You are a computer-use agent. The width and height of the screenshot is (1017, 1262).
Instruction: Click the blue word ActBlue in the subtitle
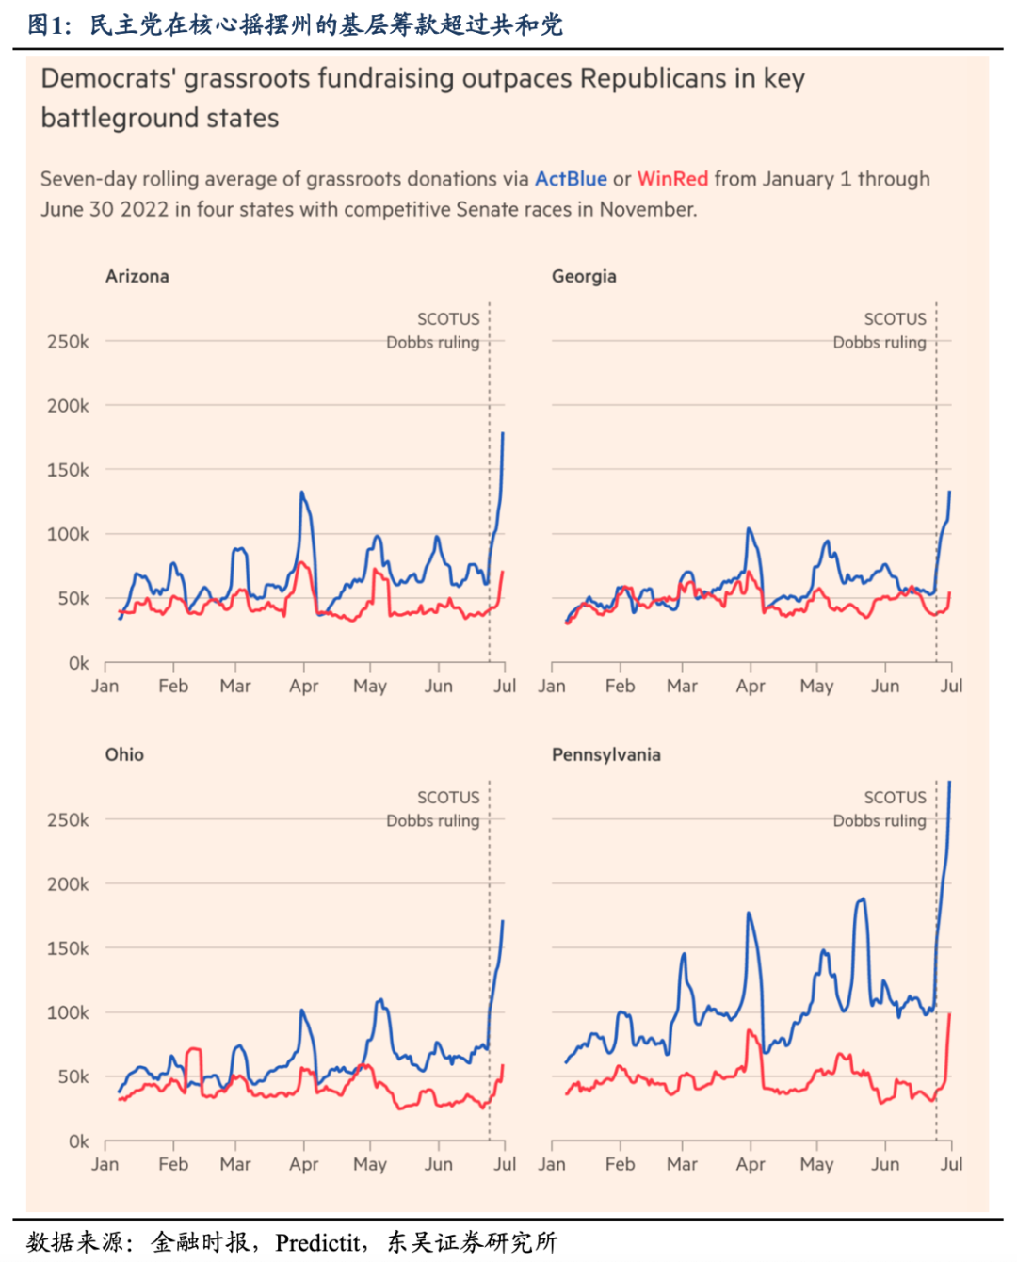click(x=571, y=179)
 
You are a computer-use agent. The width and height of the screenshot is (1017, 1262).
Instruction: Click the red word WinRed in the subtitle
click(x=672, y=179)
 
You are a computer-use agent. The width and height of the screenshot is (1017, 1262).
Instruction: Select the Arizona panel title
click(x=137, y=276)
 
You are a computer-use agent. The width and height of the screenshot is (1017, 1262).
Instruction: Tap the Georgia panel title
click(x=584, y=276)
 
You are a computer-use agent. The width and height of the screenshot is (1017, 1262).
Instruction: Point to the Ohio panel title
click(x=124, y=754)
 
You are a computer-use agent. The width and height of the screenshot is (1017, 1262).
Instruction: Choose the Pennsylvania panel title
click(x=606, y=754)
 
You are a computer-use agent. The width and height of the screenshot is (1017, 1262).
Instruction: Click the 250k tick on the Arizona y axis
click(x=68, y=342)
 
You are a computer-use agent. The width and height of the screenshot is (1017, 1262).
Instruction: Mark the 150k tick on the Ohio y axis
click(x=68, y=948)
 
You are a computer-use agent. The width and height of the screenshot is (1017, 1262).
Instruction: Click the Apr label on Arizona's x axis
click(x=303, y=687)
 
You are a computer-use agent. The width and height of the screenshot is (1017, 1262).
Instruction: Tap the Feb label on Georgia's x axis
click(x=620, y=687)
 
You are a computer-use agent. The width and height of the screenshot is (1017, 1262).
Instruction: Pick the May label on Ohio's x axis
click(x=370, y=1165)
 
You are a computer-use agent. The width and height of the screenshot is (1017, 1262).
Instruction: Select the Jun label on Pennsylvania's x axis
click(x=885, y=1165)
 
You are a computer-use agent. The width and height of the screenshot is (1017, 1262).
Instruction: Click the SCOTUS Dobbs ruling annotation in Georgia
click(x=880, y=331)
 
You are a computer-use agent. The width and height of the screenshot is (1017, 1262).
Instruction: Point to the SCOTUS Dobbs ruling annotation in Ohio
click(x=434, y=809)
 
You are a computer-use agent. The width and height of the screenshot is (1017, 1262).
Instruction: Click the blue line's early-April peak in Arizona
click(x=302, y=493)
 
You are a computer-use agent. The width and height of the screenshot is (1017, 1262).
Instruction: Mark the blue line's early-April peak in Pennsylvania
click(x=750, y=913)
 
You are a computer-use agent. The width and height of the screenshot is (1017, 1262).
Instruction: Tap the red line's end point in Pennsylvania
click(x=949, y=1014)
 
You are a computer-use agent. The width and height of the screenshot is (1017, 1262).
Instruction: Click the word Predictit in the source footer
click(x=318, y=1243)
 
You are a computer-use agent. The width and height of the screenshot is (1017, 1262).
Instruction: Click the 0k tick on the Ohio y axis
click(x=78, y=1141)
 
